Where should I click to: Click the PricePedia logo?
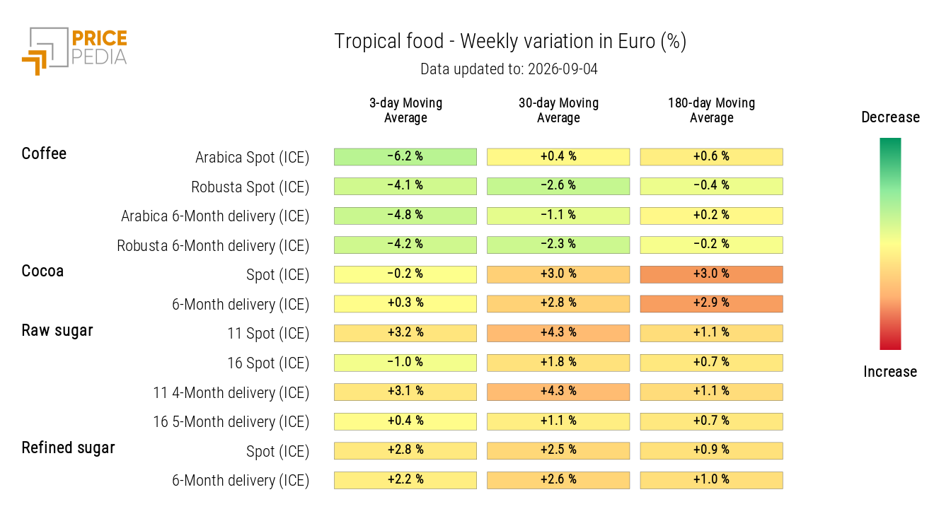click(74, 51)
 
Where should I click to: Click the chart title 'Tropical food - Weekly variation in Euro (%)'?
click(510, 41)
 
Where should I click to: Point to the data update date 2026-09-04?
click(563, 69)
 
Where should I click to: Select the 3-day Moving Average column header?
click(405, 110)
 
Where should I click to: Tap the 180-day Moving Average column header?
click(711, 110)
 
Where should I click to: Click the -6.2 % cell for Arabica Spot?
click(405, 157)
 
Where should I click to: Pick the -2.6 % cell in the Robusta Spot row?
click(558, 186)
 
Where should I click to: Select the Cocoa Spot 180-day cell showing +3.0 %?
click(711, 274)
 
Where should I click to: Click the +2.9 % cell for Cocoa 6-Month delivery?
click(711, 304)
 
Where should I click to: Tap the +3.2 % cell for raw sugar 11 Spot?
click(405, 333)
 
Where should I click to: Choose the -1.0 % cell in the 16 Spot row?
click(405, 363)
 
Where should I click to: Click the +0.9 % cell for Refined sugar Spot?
click(711, 451)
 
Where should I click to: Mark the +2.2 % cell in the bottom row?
click(405, 480)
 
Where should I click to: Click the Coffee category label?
click(44, 153)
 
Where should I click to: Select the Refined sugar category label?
click(68, 447)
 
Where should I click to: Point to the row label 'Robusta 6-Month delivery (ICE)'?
click(213, 246)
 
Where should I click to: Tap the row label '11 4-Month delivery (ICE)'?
click(231, 393)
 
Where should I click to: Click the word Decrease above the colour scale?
click(891, 117)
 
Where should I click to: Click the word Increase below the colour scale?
click(890, 372)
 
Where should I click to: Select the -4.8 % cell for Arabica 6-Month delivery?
click(405, 216)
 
